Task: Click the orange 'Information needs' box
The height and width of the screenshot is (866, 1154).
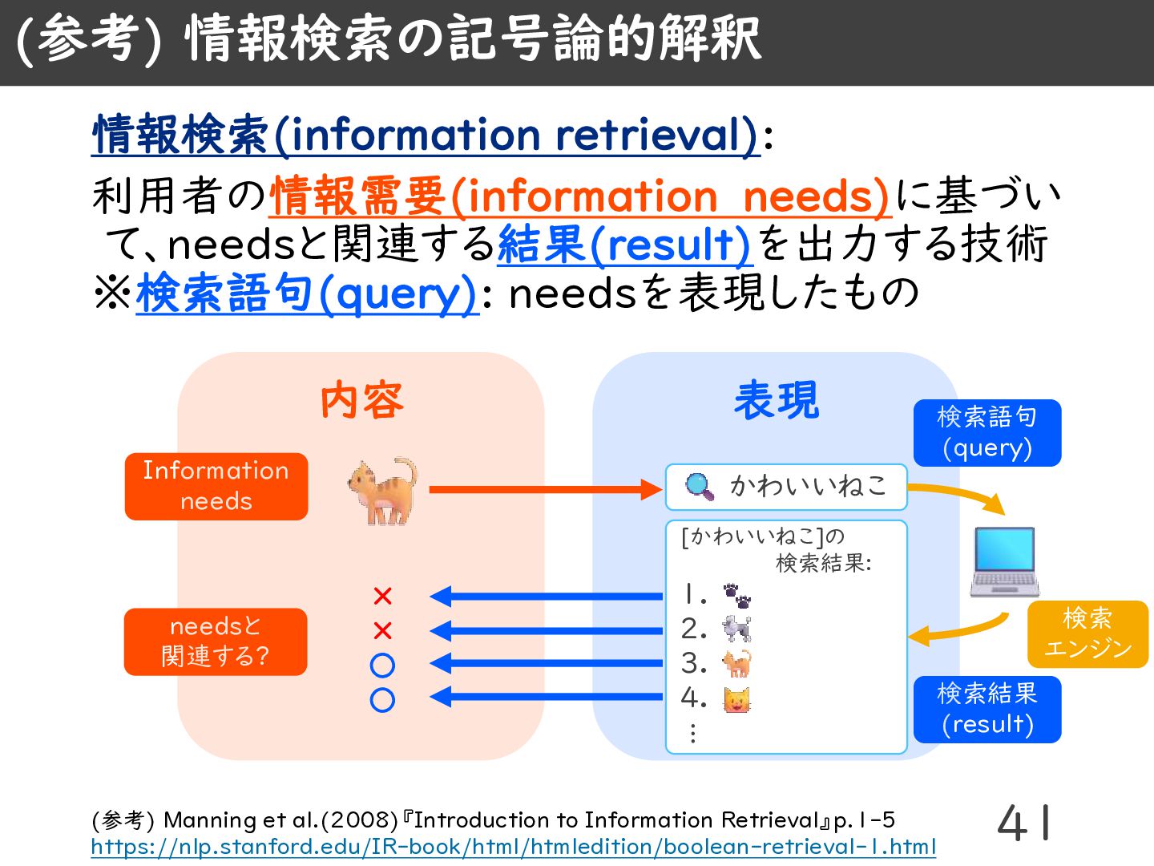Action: (x=216, y=487)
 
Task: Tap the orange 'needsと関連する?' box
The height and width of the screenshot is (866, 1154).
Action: (x=216, y=641)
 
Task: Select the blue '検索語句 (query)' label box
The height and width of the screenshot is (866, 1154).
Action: (x=987, y=433)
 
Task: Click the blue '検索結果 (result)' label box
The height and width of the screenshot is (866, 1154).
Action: (x=987, y=710)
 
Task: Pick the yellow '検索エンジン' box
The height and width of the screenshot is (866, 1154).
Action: (x=1087, y=633)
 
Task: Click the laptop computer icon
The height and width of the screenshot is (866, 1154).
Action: (x=1005, y=562)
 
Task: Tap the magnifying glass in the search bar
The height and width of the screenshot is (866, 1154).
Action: (x=700, y=487)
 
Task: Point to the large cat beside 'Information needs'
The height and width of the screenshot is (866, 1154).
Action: (x=383, y=491)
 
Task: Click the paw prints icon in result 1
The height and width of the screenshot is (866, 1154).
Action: (x=737, y=596)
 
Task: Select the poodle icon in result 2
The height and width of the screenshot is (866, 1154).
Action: (x=737, y=629)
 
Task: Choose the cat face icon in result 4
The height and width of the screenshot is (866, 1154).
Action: (x=737, y=699)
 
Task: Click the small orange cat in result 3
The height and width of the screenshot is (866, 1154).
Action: (x=737, y=664)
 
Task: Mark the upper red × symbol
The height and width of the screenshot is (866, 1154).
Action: (x=382, y=597)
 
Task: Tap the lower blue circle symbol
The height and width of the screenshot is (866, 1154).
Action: (x=382, y=700)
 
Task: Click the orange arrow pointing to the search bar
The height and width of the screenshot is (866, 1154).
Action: (x=545, y=489)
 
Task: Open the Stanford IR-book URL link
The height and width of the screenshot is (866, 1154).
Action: (x=513, y=847)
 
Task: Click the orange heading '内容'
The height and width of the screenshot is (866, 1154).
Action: (x=361, y=401)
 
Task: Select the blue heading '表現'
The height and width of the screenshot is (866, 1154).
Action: (x=777, y=401)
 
